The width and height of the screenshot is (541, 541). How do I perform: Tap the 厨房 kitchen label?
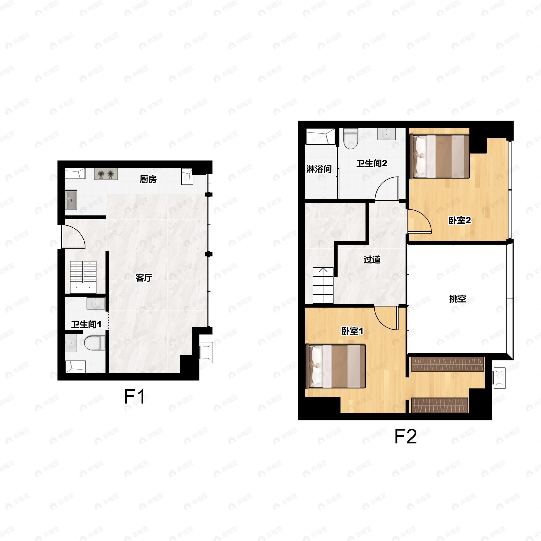point(148,179)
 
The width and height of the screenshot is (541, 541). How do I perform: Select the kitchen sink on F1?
point(71,200)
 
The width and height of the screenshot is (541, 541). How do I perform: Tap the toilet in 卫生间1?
point(95,343)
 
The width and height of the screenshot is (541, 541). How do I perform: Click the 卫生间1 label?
point(86,325)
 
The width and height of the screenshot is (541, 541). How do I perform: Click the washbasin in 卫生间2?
point(386,134)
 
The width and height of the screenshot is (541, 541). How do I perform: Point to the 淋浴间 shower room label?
point(319,169)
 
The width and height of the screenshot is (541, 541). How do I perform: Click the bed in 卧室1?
point(337,366)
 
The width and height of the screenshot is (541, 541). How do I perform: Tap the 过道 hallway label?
point(372,260)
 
